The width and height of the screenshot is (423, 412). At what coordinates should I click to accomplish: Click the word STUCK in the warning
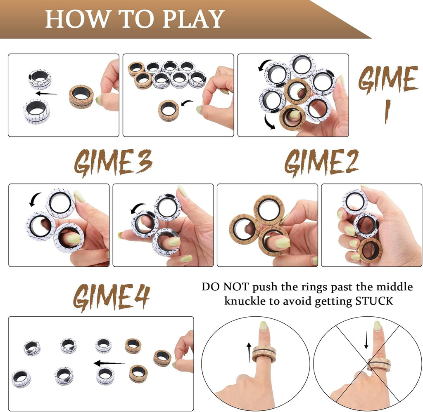374,301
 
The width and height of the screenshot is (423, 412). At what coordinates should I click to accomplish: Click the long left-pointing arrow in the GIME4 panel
109,363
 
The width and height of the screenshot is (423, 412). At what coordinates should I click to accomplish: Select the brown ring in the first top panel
81,97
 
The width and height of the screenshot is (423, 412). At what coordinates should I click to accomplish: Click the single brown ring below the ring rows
169,110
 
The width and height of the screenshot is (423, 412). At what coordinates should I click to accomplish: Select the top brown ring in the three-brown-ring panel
268,209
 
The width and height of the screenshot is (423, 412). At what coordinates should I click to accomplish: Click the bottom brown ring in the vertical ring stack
370,250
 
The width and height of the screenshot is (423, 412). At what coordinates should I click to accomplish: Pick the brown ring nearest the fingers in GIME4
162,358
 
